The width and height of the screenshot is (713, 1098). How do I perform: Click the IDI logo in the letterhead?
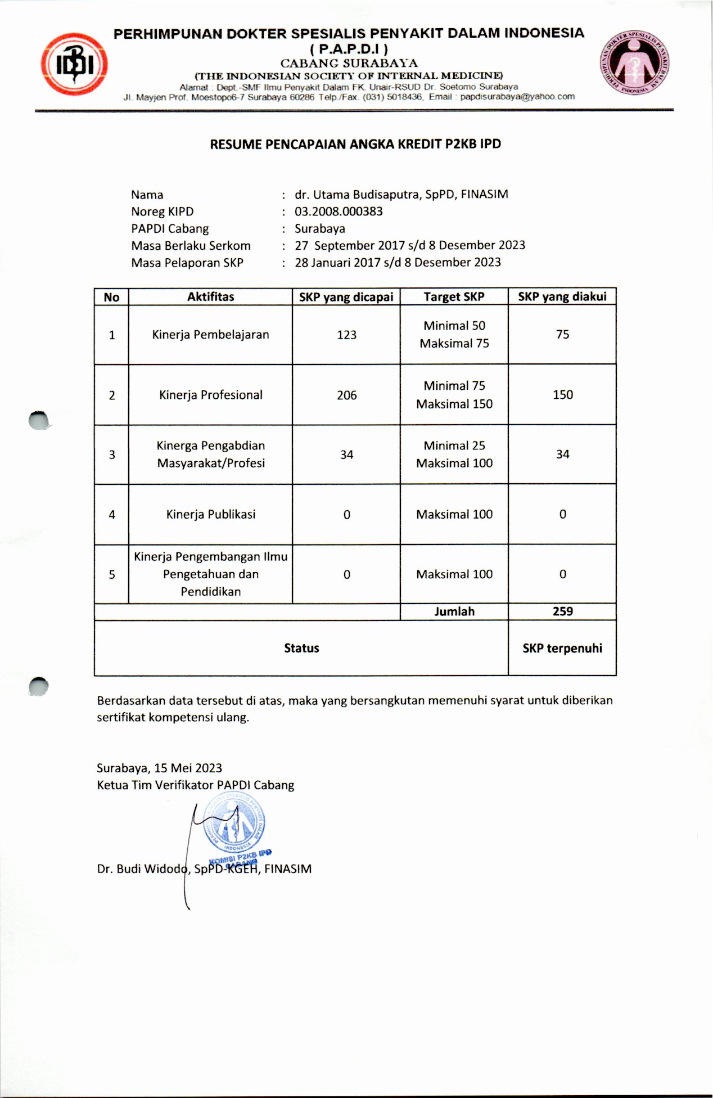(x=74, y=64)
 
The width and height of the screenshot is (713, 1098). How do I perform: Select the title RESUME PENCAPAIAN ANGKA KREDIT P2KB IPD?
(x=355, y=145)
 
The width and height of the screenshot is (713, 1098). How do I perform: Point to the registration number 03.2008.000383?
(x=339, y=211)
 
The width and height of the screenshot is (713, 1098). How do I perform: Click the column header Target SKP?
(x=454, y=297)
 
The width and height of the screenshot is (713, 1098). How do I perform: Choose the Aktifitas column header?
(x=210, y=297)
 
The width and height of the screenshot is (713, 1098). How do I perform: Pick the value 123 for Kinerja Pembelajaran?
(x=346, y=335)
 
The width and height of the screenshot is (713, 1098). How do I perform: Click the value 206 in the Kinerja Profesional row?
(x=346, y=395)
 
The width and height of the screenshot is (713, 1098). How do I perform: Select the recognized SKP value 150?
(x=562, y=395)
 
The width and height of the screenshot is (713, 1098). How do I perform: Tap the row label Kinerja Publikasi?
(x=210, y=514)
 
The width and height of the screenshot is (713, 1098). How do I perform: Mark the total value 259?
(x=562, y=611)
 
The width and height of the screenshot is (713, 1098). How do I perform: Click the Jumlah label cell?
(x=454, y=611)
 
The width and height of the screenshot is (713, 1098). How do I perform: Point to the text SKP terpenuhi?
(x=562, y=648)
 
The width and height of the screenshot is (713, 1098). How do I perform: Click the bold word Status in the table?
(x=301, y=648)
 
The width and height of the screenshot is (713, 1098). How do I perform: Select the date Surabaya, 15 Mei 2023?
(x=159, y=768)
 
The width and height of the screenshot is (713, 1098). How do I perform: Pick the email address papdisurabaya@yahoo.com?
(x=517, y=97)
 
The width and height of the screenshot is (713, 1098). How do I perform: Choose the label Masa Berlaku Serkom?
(x=191, y=246)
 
